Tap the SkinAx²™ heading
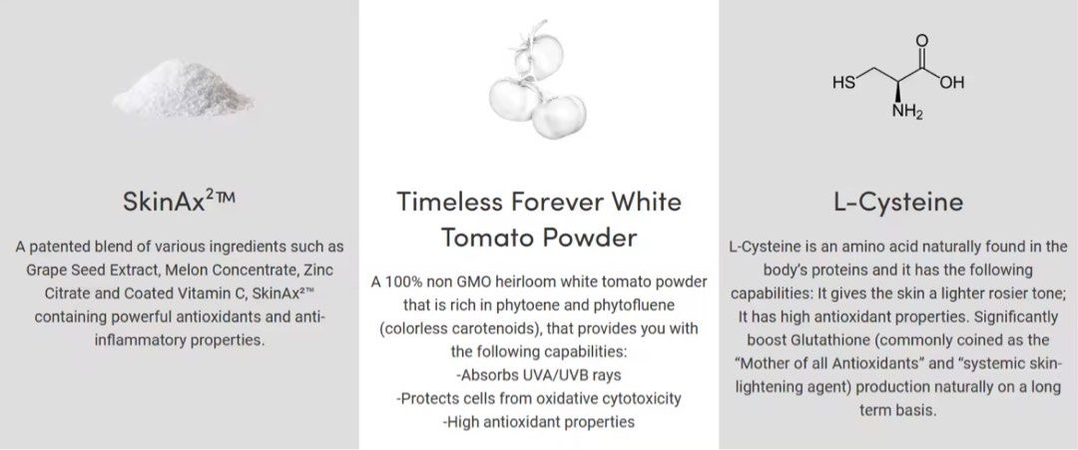click(x=179, y=202)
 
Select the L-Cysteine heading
click(x=898, y=202)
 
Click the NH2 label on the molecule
click(x=907, y=112)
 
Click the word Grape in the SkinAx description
click(x=50, y=271)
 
